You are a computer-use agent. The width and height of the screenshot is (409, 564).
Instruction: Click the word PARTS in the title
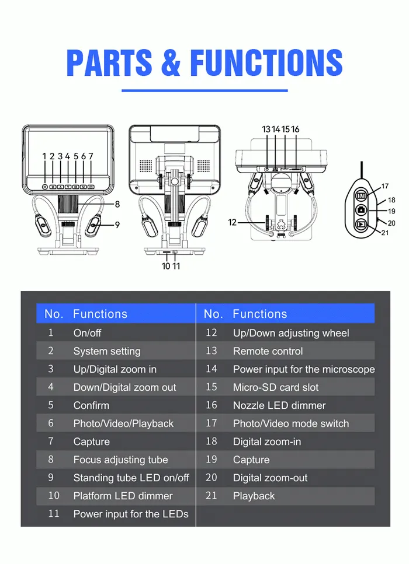tap(109, 62)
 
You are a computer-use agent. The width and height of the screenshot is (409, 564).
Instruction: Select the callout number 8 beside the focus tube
tap(117, 204)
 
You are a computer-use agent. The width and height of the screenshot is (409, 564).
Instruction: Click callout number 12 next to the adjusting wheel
tap(232, 223)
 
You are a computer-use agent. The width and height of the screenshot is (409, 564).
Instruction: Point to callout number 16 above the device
tap(295, 129)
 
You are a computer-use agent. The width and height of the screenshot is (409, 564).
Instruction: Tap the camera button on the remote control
tap(361, 210)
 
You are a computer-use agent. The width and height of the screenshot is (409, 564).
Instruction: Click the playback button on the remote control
tap(361, 225)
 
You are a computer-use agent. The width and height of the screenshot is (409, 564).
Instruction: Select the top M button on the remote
tap(361, 195)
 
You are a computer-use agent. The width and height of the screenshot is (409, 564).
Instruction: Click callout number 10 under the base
tap(166, 266)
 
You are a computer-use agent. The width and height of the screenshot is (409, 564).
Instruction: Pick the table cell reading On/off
tap(87, 333)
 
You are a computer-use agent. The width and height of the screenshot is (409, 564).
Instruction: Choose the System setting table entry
tap(107, 351)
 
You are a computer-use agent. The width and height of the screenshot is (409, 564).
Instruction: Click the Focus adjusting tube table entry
tap(121, 460)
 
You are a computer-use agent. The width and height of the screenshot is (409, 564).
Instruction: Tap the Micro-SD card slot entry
tap(276, 387)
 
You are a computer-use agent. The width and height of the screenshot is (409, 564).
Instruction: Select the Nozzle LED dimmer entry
tap(279, 405)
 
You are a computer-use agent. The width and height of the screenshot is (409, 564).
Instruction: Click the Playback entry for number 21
tap(254, 496)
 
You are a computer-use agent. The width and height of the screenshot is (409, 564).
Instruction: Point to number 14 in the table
tap(211, 369)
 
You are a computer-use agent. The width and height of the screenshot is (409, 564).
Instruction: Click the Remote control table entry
tap(268, 351)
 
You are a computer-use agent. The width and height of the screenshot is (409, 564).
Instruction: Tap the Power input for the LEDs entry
tap(131, 514)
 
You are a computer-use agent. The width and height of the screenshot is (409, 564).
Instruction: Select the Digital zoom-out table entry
tap(271, 478)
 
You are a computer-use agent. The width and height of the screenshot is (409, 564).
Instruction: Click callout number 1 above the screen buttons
tap(44, 156)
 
